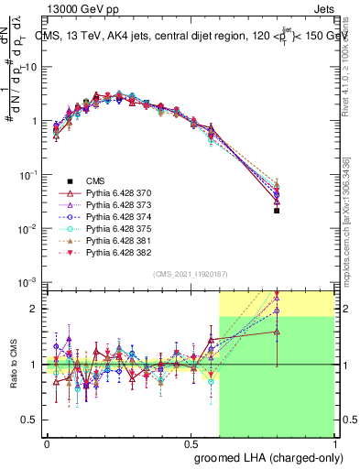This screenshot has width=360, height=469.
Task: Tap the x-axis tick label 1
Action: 333,442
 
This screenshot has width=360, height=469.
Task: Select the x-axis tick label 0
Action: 48,442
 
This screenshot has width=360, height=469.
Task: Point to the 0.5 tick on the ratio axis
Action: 29,420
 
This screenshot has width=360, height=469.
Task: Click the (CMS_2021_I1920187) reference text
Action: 190,274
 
